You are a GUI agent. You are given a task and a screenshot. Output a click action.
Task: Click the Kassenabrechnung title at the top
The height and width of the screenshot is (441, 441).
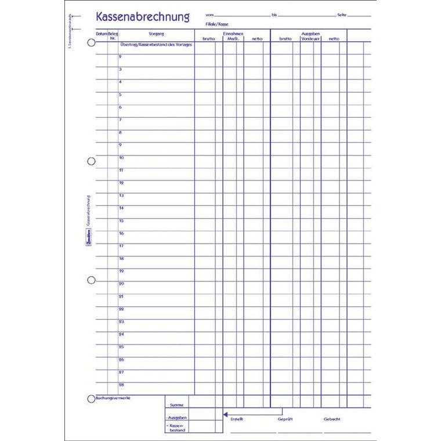click(x=143, y=17)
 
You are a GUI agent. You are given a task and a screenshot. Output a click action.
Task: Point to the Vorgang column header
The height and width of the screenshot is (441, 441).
click(x=156, y=34)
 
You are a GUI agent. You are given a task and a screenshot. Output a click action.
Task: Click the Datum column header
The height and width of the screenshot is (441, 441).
click(x=102, y=34)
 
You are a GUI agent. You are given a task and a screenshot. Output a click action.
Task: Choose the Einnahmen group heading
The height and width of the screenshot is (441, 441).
click(x=233, y=34)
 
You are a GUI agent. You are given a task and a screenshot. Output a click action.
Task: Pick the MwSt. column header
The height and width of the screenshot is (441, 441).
click(x=233, y=39)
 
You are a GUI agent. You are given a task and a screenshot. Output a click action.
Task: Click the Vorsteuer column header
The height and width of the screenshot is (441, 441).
click(x=310, y=39)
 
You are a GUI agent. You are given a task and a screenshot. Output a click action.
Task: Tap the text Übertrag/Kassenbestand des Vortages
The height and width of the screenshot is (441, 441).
click(x=156, y=44)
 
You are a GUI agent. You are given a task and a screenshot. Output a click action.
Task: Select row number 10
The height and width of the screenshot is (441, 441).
click(x=121, y=158)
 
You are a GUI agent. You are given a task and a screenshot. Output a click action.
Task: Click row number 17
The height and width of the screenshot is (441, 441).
click(x=121, y=246)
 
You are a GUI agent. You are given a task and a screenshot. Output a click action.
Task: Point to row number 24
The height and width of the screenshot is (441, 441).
click(x=121, y=334)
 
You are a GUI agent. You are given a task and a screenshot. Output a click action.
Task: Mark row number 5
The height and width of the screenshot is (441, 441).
click(x=120, y=95)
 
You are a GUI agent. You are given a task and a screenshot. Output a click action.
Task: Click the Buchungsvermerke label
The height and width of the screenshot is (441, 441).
click(x=113, y=398)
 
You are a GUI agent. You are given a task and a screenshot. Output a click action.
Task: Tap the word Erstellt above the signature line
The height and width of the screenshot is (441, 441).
click(x=237, y=418)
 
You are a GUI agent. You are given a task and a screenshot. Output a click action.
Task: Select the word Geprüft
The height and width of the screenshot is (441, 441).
click(x=284, y=418)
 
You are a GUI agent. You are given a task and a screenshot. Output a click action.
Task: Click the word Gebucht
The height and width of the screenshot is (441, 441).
click(x=332, y=418)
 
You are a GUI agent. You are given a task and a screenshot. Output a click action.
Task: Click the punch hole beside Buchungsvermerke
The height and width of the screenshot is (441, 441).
click(x=91, y=399)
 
